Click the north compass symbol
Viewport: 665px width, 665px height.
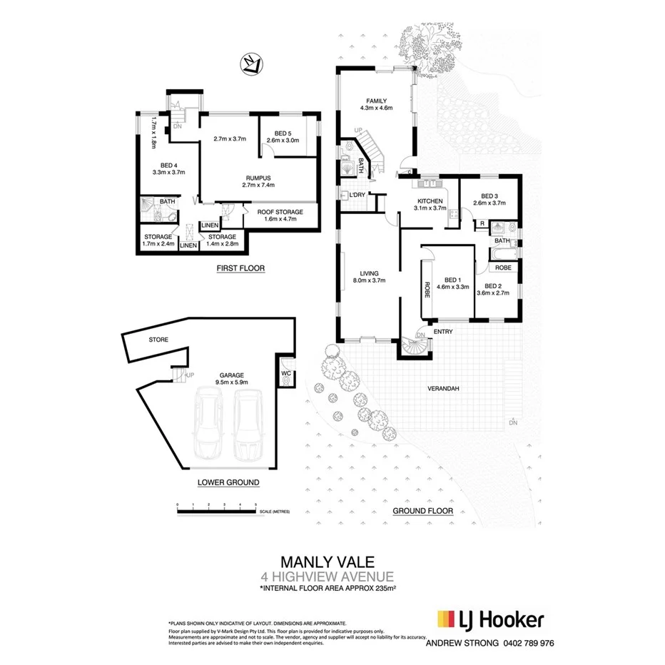pyautogui.click(x=249, y=64)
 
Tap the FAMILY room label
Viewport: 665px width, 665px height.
pyautogui.click(x=375, y=101)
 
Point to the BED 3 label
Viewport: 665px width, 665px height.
pyautogui.click(x=489, y=196)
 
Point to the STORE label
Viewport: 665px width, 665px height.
pyautogui.click(x=158, y=340)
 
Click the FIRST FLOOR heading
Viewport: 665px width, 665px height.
pyautogui.click(x=240, y=269)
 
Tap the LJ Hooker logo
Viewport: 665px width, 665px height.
pyautogui.click(x=491, y=619)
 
